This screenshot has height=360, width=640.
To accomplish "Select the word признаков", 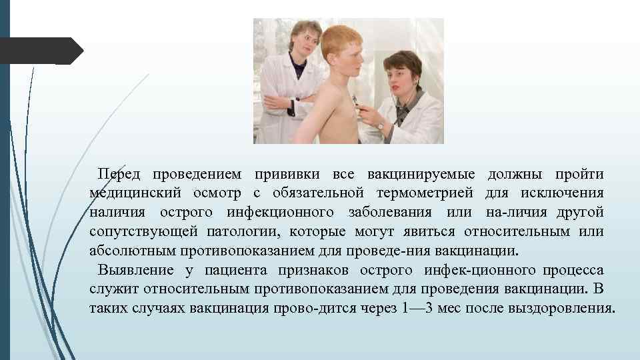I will pos(313,271).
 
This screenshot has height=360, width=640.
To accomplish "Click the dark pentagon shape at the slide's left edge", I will pos(40,51).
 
